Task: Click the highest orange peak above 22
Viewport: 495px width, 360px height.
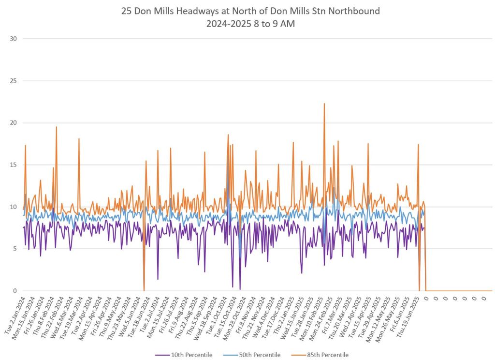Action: coord(324,104)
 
